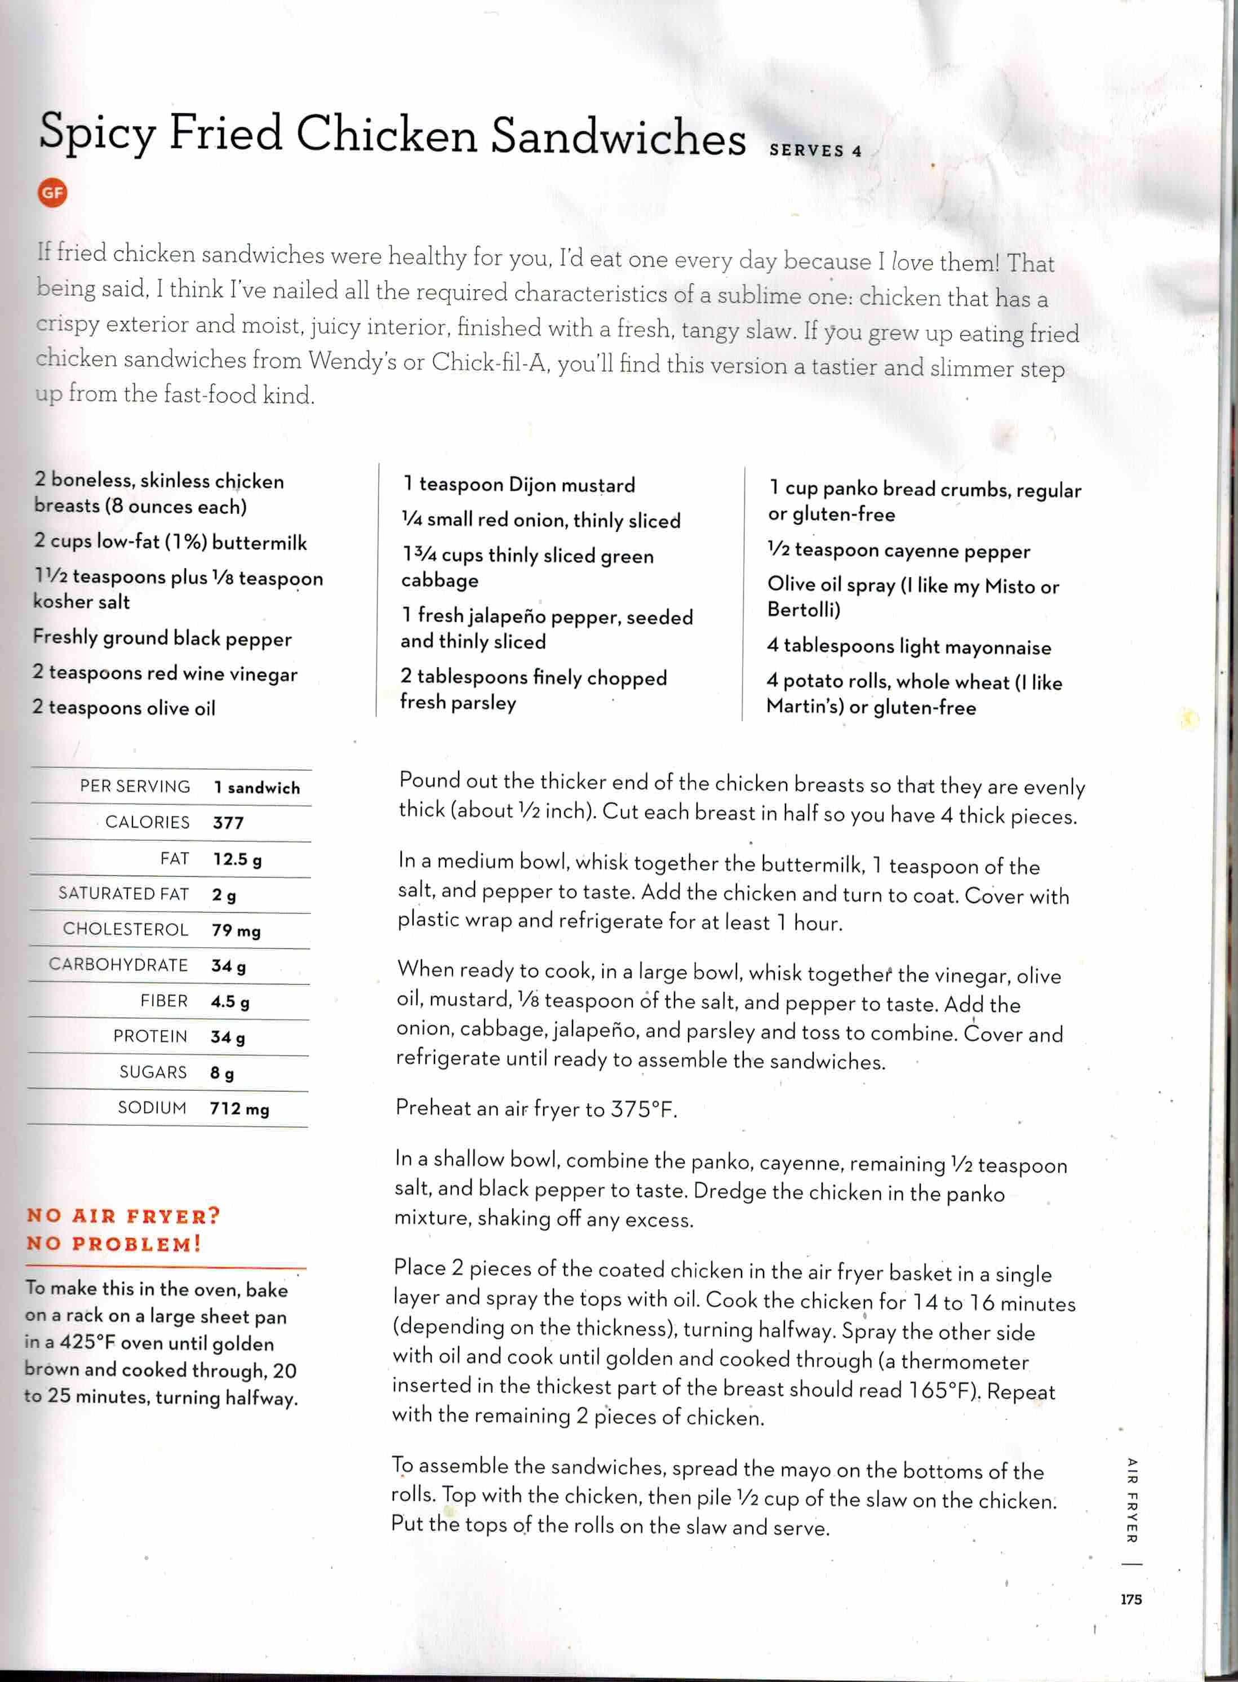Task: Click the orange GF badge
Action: (x=52, y=193)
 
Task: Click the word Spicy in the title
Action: (x=97, y=134)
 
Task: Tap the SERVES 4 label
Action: (x=815, y=150)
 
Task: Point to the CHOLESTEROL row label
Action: (x=125, y=929)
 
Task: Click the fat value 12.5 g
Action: (x=237, y=859)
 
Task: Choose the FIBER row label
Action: (x=163, y=1001)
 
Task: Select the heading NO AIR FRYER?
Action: (x=123, y=1215)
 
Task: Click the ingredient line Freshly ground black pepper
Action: (x=162, y=638)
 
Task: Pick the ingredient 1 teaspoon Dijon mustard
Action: (x=518, y=485)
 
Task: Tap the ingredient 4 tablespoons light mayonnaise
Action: (x=908, y=646)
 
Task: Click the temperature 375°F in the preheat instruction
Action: (x=643, y=1109)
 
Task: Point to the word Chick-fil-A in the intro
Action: (x=491, y=363)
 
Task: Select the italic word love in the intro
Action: (x=911, y=261)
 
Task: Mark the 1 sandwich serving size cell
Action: (x=256, y=787)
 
